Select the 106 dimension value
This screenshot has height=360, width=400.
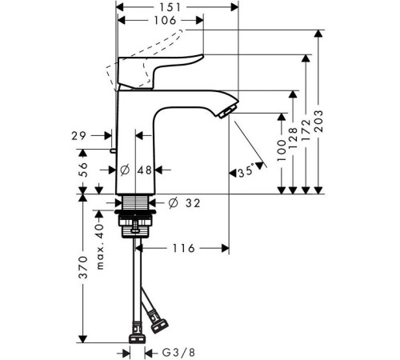[160, 22]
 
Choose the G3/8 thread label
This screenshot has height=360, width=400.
[171, 351]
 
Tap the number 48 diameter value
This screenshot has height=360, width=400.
[146, 170]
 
